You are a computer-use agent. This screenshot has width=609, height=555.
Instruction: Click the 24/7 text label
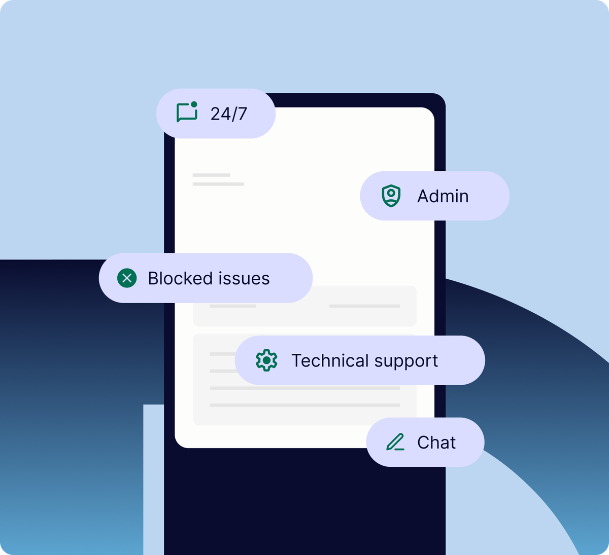pyautogui.click(x=228, y=114)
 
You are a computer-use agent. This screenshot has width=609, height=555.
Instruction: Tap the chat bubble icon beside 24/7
pyautogui.click(x=186, y=113)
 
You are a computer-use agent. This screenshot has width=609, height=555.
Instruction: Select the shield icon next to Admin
pyautogui.click(x=391, y=196)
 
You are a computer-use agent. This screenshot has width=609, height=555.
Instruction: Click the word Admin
pyautogui.click(x=443, y=196)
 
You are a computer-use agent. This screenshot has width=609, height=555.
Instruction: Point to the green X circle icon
pyautogui.click(x=127, y=278)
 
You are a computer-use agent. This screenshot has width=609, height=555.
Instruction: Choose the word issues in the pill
pyautogui.click(x=244, y=278)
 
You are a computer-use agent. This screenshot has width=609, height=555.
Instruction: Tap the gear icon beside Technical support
pyautogui.click(x=266, y=360)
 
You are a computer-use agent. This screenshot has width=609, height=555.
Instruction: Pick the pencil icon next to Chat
pyautogui.click(x=395, y=442)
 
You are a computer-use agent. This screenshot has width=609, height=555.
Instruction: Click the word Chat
pyautogui.click(x=436, y=442)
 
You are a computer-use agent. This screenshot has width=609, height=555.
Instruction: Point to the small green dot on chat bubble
pyautogui.click(x=194, y=104)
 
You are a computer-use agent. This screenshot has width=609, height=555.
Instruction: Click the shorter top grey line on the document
pyautogui.click(x=211, y=175)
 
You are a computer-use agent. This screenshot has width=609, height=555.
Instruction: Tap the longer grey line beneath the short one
pyautogui.click(x=218, y=184)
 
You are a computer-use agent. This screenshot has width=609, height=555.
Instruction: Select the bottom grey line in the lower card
pyautogui.click(x=304, y=405)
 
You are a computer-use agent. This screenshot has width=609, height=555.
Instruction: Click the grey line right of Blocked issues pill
pyautogui.click(x=364, y=306)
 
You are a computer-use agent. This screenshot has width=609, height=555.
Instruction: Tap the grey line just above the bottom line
pyautogui.click(x=304, y=388)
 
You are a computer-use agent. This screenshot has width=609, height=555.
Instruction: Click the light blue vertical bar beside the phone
pyautogui.click(x=153, y=479)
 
